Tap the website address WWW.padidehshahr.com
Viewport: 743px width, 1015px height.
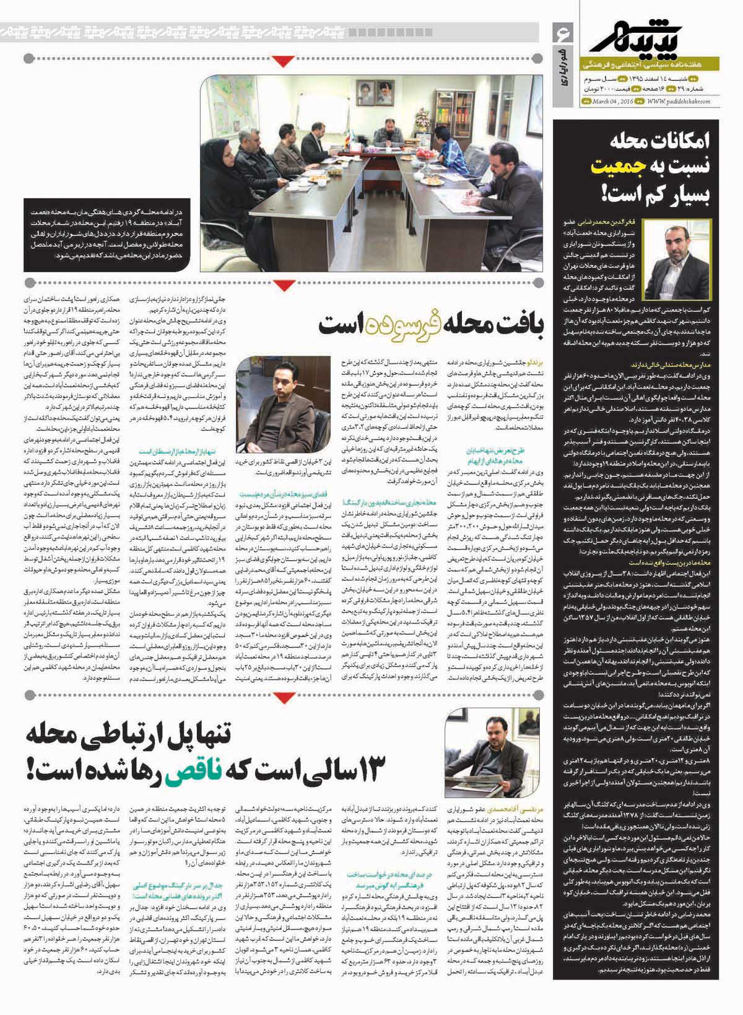click(x=679, y=102)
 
